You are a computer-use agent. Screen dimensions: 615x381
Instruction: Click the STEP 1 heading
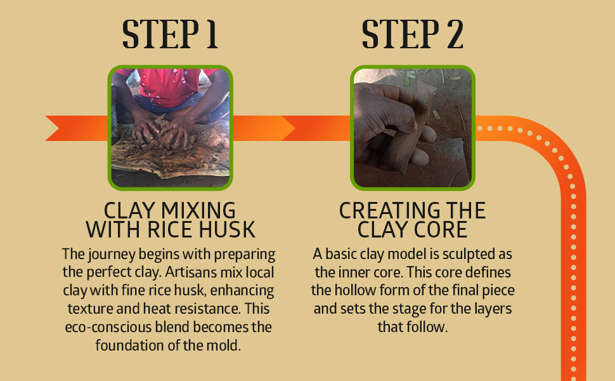click(170, 34)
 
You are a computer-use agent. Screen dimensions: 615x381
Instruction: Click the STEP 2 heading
click(412, 34)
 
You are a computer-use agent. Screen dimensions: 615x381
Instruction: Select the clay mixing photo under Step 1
click(170, 128)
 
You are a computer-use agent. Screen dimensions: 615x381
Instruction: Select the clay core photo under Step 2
click(413, 128)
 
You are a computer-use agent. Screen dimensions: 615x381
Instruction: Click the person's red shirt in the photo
click(167, 86)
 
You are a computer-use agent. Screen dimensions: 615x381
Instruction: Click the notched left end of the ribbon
click(53, 128)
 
